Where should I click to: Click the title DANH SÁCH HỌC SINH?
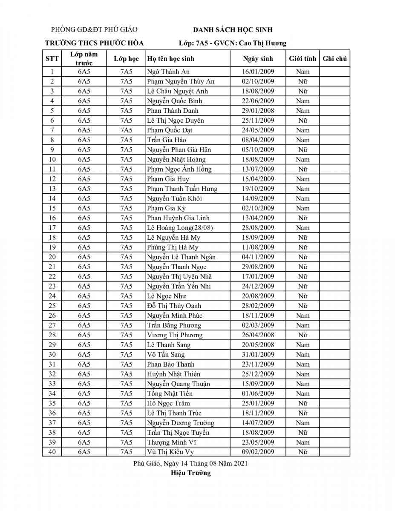(x=233, y=30)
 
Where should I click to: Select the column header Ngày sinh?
(x=258, y=59)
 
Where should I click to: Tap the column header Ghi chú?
(x=334, y=59)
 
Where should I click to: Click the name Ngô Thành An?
(x=168, y=72)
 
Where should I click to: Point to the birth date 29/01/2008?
(x=258, y=111)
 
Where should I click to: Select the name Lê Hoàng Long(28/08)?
(x=180, y=228)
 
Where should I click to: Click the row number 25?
(x=52, y=306)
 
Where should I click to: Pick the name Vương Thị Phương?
(x=175, y=335)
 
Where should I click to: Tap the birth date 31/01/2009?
(x=258, y=355)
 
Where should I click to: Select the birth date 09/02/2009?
(x=258, y=452)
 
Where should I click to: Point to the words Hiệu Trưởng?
(x=191, y=473)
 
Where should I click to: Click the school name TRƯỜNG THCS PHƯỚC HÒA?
(x=94, y=43)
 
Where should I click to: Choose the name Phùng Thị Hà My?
(x=173, y=247)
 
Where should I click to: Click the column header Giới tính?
(x=303, y=59)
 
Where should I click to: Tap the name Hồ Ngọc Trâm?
(x=168, y=403)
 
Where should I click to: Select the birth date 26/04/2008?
(x=258, y=335)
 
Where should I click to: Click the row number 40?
(x=52, y=452)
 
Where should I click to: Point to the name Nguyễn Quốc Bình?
(x=174, y=101)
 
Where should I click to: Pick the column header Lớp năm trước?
(x=84, y=59)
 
